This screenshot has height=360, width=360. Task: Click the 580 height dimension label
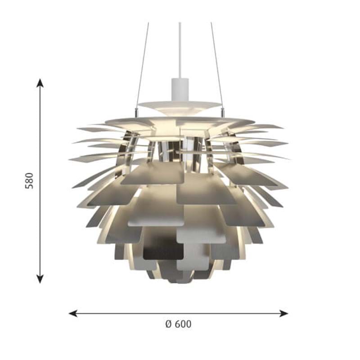(29, 181)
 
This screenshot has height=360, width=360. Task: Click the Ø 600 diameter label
(178, 324)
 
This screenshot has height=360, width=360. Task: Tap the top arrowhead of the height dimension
(40, 83)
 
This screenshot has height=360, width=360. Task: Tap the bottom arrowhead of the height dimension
(40, 279)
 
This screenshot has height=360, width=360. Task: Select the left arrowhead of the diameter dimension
(73, 313)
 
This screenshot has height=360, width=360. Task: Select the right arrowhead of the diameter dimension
(284, 313)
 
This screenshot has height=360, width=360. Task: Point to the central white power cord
(180, 50)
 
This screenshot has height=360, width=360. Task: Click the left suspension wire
(143, 65)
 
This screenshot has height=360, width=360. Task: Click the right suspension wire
(216, 65)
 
